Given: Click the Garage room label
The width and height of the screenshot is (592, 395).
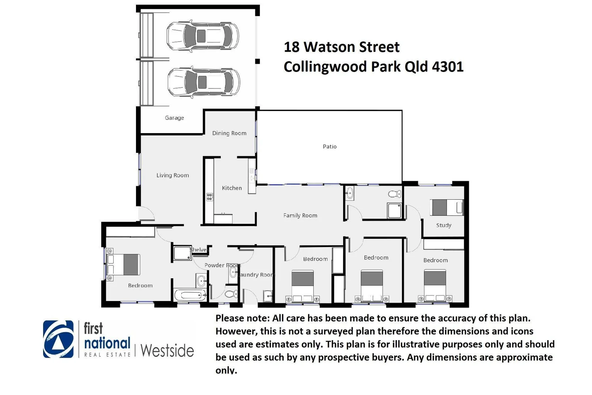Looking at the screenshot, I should coord(174,118).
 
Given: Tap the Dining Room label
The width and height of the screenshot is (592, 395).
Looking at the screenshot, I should coord(229,133).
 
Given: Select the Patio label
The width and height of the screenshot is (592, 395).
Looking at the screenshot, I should coord(330,146).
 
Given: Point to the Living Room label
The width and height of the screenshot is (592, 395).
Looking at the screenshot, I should coord(172,175).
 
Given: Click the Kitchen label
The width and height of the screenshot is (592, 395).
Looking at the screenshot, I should coord(232,188).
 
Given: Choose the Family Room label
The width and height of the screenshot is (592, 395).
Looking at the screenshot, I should coord(300,215).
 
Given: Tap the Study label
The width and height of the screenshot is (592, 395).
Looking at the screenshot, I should coord(444,225).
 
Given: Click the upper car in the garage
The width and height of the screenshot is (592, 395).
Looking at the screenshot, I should coord(203,36).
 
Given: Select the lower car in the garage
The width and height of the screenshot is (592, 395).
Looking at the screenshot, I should coord(204,82).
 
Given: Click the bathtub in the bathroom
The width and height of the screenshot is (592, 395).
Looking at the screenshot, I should coord(190,294).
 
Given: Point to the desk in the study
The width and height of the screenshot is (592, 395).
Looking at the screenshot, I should coord(447,207).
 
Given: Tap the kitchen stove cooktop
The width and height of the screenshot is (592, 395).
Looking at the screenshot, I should coord(210,197).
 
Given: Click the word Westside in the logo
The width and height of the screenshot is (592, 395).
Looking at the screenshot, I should coord(167,350).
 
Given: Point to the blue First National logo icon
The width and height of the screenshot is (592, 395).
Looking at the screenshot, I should coord(58,339).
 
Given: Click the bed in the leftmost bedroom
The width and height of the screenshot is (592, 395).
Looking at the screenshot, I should coord(124,264).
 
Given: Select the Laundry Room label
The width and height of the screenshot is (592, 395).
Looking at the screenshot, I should coord(257,275).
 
